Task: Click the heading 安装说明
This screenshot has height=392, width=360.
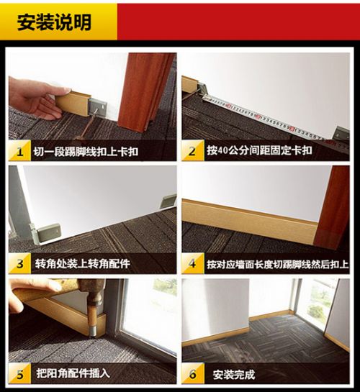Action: (54, 22)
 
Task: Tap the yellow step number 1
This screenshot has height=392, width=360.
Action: (19, 152)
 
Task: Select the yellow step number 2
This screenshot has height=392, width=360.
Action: (192, 151)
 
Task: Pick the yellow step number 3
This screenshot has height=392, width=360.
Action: (19, 264)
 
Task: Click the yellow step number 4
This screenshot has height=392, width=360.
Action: (192, 263)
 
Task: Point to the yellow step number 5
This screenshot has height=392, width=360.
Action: (19, 374)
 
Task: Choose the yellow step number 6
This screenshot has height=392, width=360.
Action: (192, 374)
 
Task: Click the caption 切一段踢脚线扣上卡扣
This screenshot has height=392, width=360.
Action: (86, 152)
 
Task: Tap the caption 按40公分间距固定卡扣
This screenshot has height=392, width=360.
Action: (259, 150)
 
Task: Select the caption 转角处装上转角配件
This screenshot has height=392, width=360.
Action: (82, 264)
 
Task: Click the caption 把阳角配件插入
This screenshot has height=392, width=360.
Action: (73, 374)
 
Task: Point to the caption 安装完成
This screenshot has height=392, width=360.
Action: (234, 375)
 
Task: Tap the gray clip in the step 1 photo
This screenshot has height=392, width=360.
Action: (98, 107)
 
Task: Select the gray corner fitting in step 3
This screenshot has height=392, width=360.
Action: (46, 232)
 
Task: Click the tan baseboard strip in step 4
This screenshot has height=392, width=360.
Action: (249, 219)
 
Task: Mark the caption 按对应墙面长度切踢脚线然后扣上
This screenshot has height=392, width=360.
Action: (278, 264)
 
